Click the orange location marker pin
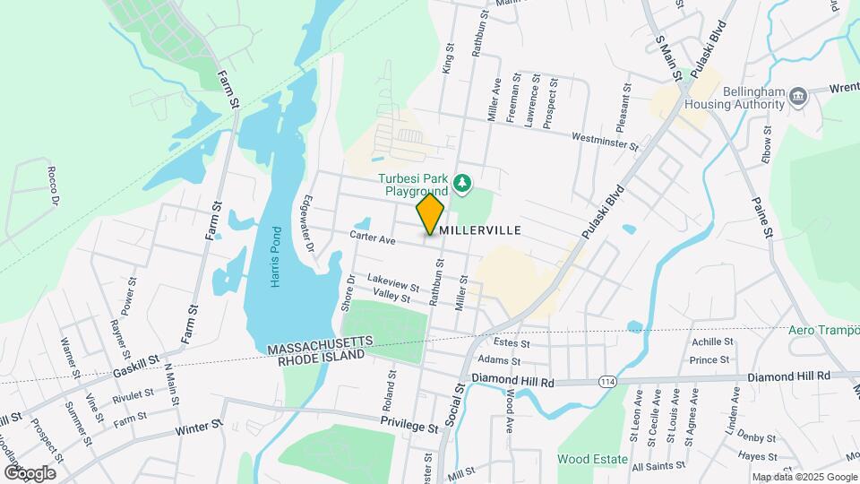[x=431, y=213]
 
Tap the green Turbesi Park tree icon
[x=462, y=183]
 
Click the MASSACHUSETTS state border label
[x=317, y=344]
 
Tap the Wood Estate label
[x=592, y=459]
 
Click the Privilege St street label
[x=408, y=424]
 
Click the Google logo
[x=30, y=472]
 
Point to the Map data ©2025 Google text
[x=804, y=477]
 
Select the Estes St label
[x=512, y=342]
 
